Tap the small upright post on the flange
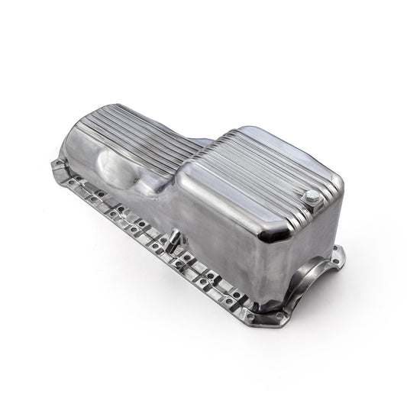click(x=173, y=239)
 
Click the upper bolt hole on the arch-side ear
click(x=335, y=253)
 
